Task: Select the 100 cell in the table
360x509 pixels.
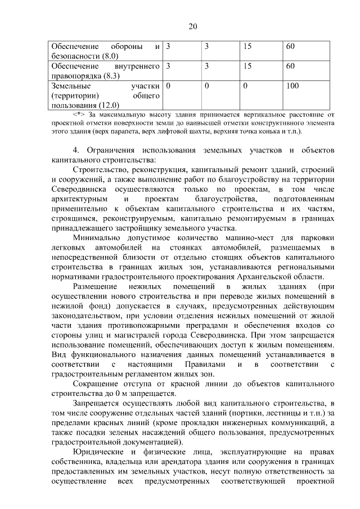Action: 292,86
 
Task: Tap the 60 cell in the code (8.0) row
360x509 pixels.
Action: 290,46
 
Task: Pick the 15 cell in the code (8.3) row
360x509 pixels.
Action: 247,66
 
